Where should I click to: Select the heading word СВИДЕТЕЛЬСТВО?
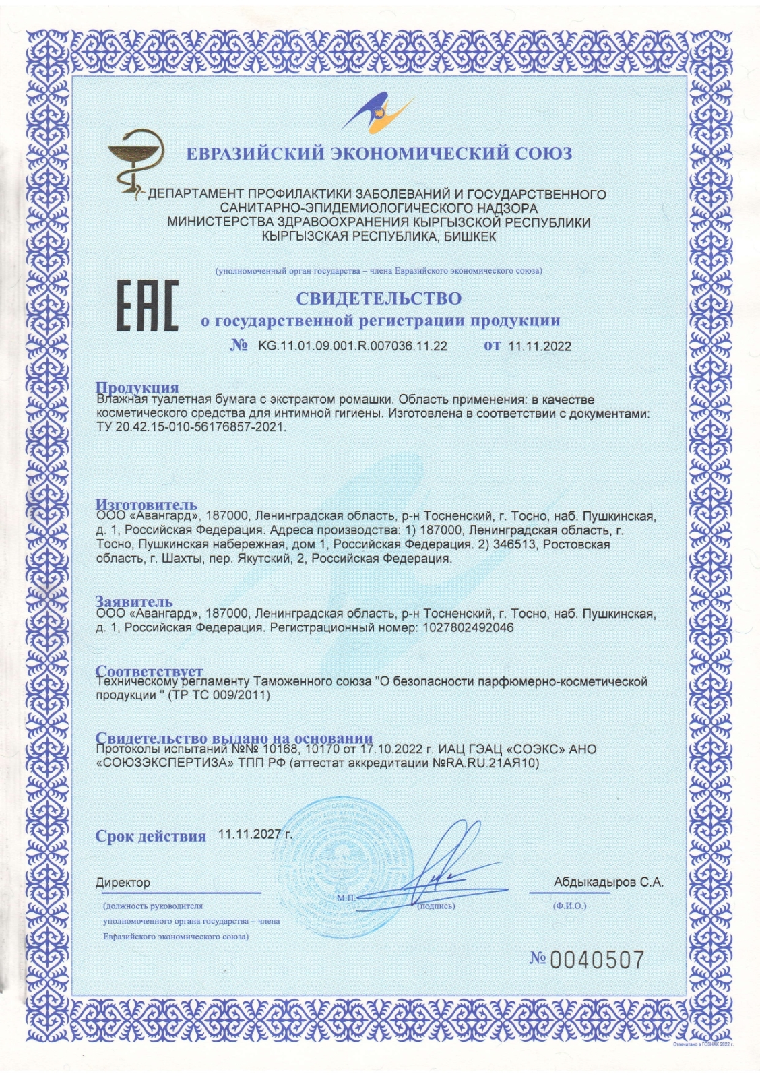[379, 298]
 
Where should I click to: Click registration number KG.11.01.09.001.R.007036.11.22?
[352, 346]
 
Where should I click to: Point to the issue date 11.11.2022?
[539, 346]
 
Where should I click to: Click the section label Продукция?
[137, 387]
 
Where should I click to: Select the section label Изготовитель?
[146, 504]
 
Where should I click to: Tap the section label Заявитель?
[134, 601]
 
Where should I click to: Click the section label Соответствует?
[149, 671]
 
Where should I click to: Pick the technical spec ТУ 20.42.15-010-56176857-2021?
[191, 427]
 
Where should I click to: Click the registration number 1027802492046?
[468, 627]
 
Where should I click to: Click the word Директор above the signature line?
[123, 882]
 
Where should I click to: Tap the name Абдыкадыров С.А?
[608, 881]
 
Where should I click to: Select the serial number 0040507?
[597, 959]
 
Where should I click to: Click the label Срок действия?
[150, 836]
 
